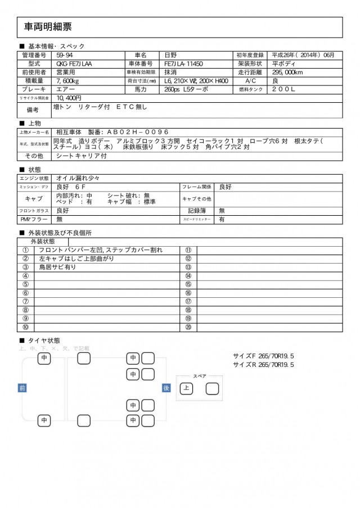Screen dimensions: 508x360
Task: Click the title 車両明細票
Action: (x=48, y=26)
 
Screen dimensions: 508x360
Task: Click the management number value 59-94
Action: (x=64, y=55)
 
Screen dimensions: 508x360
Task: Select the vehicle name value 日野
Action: (x=170, y=55)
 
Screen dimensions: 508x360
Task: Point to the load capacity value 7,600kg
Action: (x=67, y=80)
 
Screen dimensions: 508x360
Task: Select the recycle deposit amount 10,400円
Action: (x=69, y=97)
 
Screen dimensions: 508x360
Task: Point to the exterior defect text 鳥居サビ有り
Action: (x=57, y=267)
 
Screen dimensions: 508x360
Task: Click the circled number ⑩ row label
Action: (x=25, y=326)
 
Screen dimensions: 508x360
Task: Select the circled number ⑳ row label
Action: (x=188, y=326)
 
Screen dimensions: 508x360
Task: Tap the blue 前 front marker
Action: (x=22, y=387)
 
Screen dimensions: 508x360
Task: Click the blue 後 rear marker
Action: (x=166, y=387)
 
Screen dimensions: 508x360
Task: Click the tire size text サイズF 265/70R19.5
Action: (x=263, y=356)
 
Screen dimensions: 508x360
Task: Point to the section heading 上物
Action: (x=34, y=123)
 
